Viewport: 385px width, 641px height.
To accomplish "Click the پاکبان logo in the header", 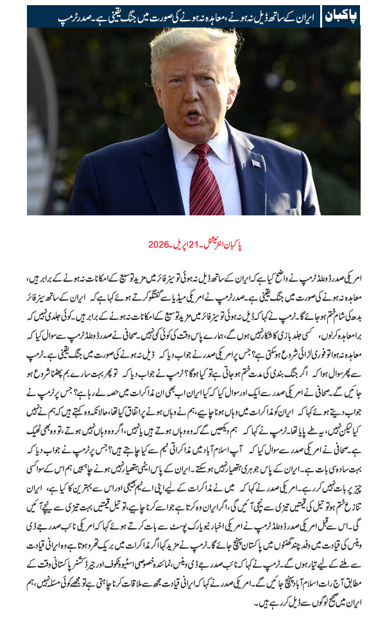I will tap(339, 16).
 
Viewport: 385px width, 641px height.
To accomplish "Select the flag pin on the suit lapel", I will tap(256, 163).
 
